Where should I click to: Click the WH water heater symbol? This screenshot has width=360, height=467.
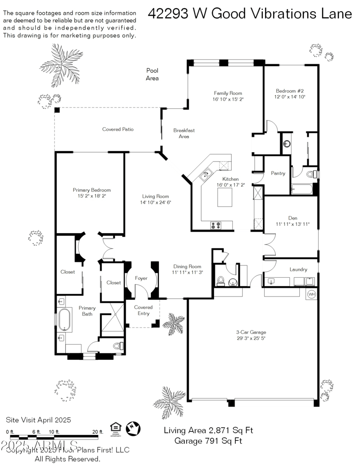(x=311, y=295)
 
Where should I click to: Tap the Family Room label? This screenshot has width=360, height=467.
(x=228, y=93)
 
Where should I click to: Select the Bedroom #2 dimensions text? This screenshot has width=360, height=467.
(x=290, y=97)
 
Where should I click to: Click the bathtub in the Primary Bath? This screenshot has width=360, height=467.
(x=64, y=319)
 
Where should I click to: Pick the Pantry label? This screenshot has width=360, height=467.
(x=278, y=173)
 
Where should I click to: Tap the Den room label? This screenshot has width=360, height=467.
(x=292, y=218)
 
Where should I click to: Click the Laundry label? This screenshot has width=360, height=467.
(x=298, y=269)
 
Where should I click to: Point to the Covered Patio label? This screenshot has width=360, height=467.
(x=118, y=130)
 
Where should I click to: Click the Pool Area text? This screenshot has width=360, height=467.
(x=152, y=74)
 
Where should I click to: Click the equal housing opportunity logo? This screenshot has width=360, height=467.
(x=116, y=429)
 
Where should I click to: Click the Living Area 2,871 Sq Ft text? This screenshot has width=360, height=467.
(x=208, y=430)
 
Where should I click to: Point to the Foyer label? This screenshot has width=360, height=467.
(x=141, y=278)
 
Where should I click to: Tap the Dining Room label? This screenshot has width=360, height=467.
(x=187, y=266)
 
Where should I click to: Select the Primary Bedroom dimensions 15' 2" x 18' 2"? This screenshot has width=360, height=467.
(x=92, y=196)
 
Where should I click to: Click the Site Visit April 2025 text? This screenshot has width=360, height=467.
(x=38, y=420)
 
